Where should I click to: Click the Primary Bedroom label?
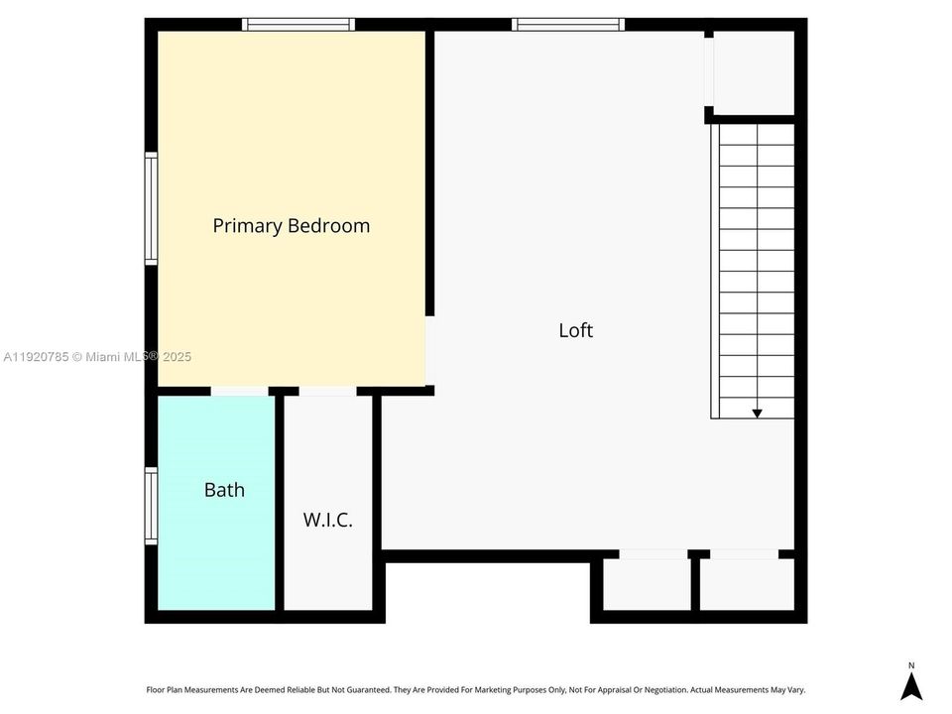tap(291, 225)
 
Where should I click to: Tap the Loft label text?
tap(575, 330)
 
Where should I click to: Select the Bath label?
tap(224, 490)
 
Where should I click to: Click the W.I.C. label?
tap(327, 519)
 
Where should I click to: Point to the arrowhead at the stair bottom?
tap(757, 413)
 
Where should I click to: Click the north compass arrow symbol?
tap(911, 686)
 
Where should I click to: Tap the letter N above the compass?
tap(911, 664)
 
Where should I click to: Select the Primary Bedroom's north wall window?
tap(298, 25)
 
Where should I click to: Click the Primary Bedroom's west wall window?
tap(152, 207)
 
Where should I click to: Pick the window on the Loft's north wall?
tap(568, 25)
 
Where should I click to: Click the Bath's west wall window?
tap(152, 506)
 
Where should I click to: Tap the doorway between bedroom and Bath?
tap(239, 392)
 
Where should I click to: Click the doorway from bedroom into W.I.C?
tap(327, 392)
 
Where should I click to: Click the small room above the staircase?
tap(754, 72)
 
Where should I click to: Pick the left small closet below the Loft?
tap(646, 584)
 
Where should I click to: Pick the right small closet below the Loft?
tap(747, 584)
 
